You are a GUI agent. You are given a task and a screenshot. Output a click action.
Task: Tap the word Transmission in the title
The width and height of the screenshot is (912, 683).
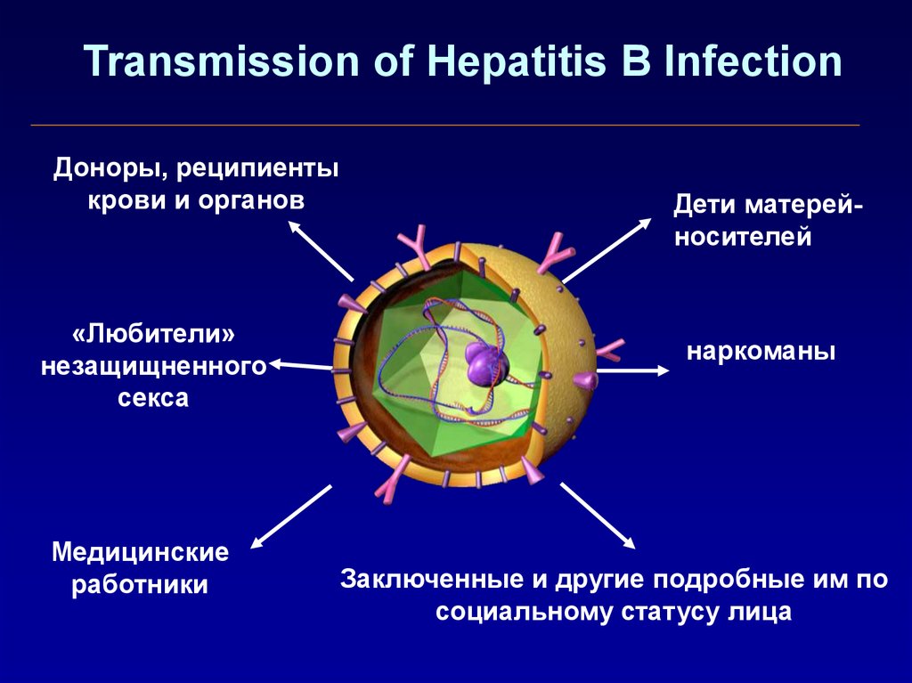click(x=222, y=61)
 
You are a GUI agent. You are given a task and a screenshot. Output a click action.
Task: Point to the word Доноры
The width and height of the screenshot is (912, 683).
click(x=108, y=169)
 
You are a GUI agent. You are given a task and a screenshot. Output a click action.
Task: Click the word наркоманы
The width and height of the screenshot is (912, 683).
click(x=761, y=352)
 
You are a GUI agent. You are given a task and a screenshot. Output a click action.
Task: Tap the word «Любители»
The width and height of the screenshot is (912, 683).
click(x=154, y=335)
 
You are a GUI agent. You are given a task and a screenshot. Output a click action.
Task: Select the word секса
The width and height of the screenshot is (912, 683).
click(x=153, y=399)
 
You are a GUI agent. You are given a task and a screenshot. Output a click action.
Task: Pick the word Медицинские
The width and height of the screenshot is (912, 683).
click(x=140, y=552)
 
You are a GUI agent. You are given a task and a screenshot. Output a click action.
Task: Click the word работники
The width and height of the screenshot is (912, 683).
click(x=140, y=584)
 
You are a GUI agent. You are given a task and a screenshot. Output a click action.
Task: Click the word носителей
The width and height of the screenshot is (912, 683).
click(x=743, y=238)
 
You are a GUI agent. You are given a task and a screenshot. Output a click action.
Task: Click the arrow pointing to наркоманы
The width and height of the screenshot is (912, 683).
click(x=633, y=370)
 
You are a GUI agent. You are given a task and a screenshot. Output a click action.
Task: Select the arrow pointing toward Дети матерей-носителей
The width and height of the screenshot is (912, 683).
click(x=607, y=250)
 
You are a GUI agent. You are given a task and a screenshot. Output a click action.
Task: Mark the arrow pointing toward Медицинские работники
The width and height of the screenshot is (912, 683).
click(x=291, y=516)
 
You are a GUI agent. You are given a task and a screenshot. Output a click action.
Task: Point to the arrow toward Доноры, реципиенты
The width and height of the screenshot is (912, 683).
click(x=321, y=250)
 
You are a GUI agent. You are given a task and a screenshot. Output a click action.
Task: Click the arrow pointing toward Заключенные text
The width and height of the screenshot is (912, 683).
click(x=598, y=516)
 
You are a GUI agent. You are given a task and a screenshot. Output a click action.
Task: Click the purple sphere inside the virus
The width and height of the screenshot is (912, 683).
click(x=486, y=363)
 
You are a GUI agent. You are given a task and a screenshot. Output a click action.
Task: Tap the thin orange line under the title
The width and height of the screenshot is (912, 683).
click(x=445, y=125)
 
